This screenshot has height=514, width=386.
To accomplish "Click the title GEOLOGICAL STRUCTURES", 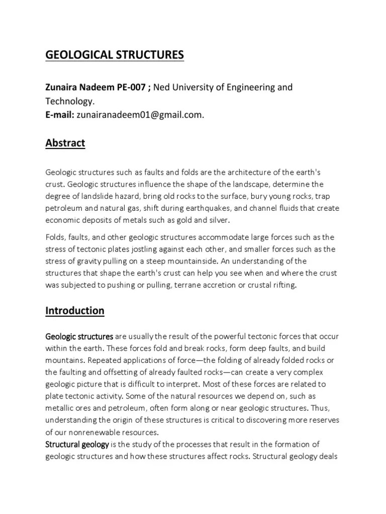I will coord(115,55).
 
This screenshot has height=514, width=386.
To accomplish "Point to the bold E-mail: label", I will coord(60,115).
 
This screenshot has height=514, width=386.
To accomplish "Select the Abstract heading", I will coord(65,143).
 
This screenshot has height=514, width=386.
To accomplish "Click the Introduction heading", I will coord(75,311).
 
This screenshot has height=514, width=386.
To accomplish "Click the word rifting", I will coord(285,285).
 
